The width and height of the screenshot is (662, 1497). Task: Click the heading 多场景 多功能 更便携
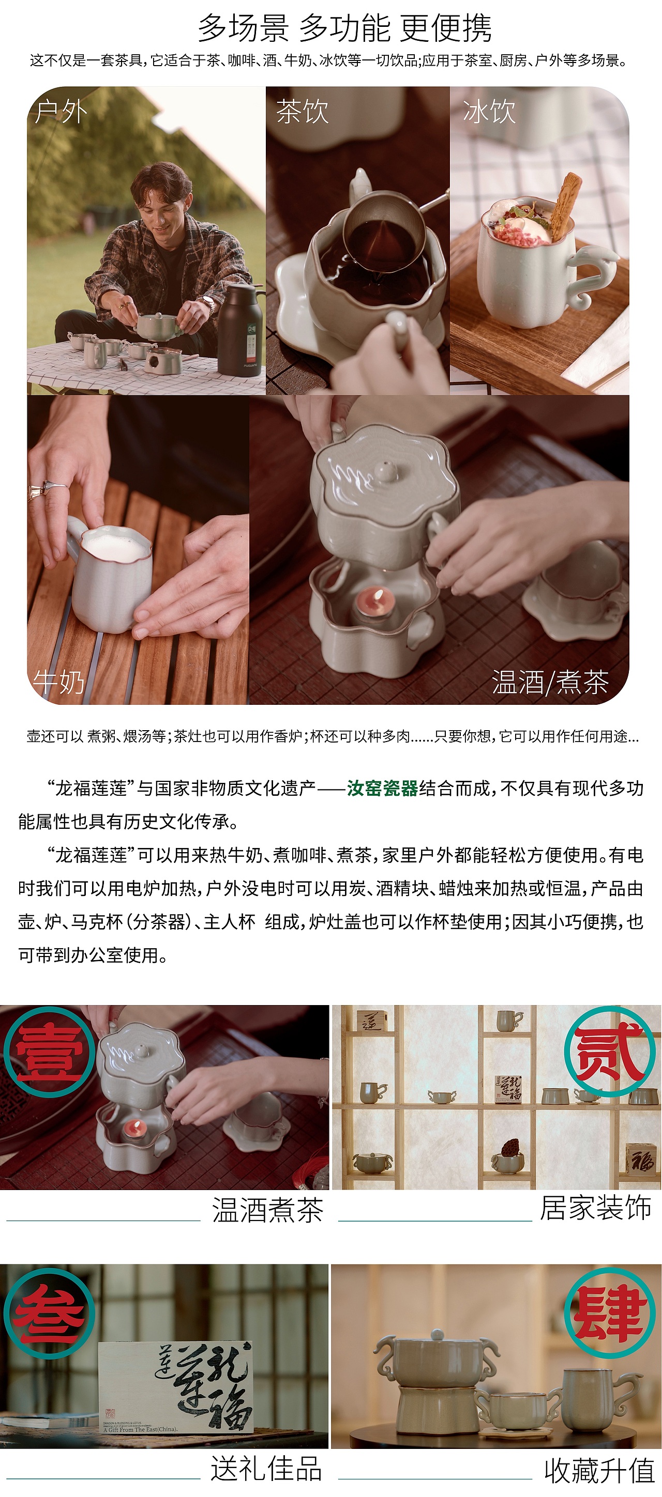point(344,28)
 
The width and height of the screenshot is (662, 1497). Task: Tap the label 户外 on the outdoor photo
point(61,111)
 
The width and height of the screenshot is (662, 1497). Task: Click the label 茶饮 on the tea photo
point(303,111)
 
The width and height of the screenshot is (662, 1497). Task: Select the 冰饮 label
point(489,111)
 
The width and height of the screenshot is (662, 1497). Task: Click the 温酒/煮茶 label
point(550,682)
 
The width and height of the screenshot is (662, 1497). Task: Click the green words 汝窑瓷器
point(382,788)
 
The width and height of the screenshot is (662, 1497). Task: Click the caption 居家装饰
point(595,1208)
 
